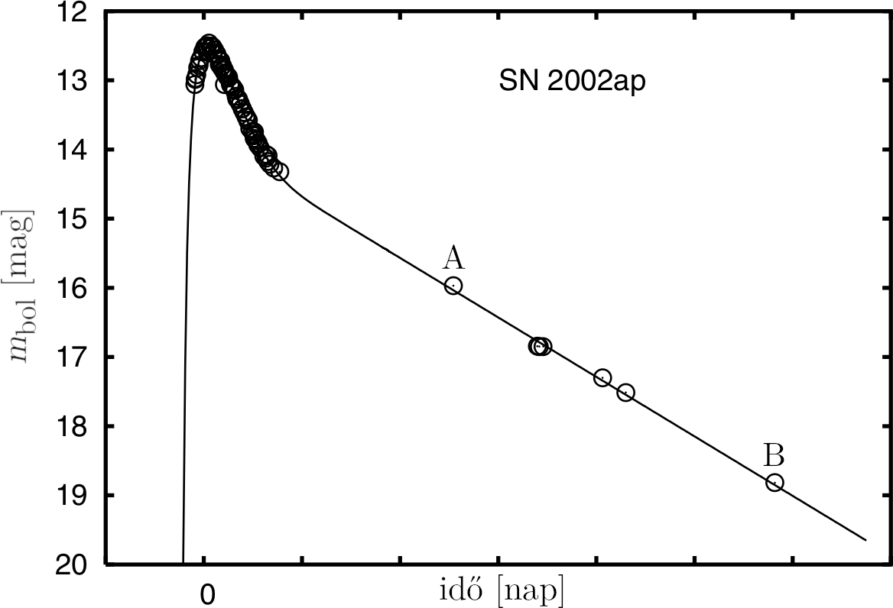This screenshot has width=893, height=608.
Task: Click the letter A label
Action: click(453, 260)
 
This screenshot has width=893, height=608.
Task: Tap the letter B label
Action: click(774, 456)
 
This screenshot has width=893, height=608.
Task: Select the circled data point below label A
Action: click(453, 286)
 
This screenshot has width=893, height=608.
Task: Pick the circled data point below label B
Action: click(774, 482)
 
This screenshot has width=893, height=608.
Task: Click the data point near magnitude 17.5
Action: click(625, 393)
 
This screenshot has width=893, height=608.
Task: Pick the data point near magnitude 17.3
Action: click(602, 377)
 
